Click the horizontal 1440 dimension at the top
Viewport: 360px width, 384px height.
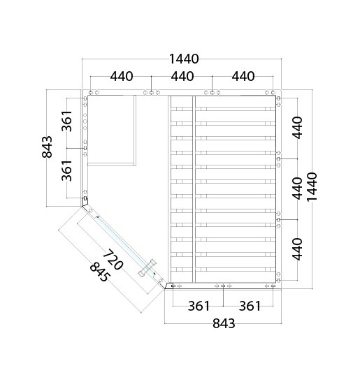click(184, 59)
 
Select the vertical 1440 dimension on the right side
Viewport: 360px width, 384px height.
click(312, 186)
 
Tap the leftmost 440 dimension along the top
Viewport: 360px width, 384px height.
click(122, 76)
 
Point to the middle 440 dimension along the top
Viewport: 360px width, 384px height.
click(182, 76)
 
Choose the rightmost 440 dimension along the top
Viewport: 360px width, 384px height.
click(243, 76)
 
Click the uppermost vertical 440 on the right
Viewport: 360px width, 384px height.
click(297, 128)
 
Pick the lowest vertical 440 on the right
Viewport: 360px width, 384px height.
click(297, 249)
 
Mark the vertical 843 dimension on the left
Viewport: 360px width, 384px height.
click(47, 147)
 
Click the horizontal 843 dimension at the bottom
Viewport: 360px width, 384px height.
click(224, 323)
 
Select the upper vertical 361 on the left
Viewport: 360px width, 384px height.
click(66, 121)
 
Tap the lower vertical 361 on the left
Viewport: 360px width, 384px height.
click(66, 170)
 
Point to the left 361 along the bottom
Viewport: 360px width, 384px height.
click(199, 306)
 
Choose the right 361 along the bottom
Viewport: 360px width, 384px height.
click(250, 306)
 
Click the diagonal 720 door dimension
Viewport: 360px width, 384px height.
click(113, 260)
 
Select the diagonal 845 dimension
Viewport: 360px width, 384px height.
click(99, 272)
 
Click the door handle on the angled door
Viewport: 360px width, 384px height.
click(147, 267)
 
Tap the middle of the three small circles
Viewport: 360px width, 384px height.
click(85, 121)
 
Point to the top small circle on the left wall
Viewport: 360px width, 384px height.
click(85, 115)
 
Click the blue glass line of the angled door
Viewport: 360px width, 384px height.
click(124, 245)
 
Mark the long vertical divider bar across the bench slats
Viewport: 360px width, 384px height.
click(194, 189)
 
